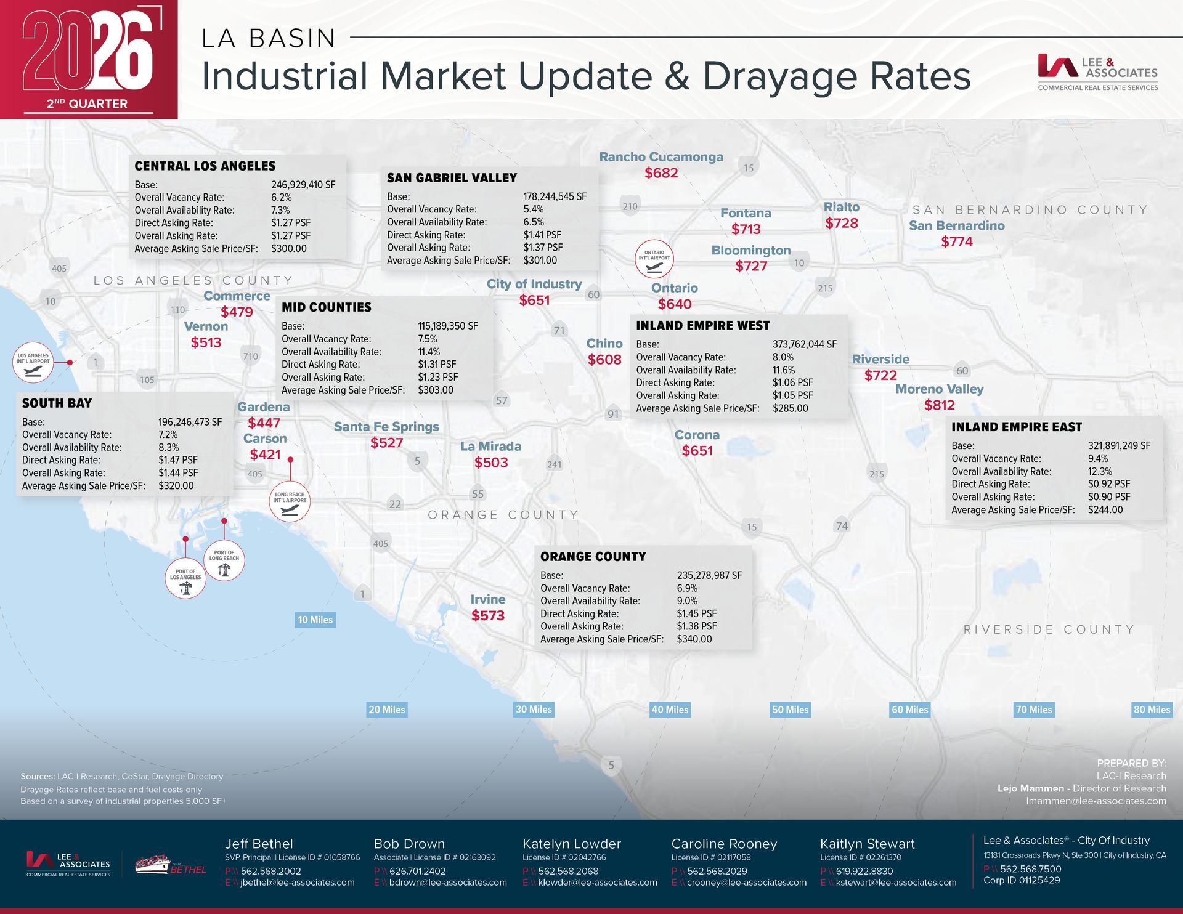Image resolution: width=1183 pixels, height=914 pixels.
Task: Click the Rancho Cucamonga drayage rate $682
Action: [x=661, y=173]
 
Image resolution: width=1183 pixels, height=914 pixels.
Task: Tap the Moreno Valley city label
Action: [x=939, y=389]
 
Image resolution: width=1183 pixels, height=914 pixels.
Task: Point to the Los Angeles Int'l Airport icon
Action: [x=33, y=362]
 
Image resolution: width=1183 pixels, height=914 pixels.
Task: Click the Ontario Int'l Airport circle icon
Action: [x=654, y=259]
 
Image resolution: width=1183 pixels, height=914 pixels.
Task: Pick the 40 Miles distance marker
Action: [x=670, y=710]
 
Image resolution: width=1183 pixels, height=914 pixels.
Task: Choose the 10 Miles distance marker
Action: [x=315, y=620]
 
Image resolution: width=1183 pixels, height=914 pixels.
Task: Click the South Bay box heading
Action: [x=57, y=403]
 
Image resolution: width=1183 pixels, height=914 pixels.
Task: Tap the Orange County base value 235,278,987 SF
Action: [x=709, y=575]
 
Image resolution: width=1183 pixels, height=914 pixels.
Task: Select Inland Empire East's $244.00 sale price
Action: [x=1105, y=510]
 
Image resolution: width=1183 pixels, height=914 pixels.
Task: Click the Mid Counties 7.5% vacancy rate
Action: [x=428, y=339]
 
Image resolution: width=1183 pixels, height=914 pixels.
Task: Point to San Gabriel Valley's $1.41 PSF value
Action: [x=542, y=235]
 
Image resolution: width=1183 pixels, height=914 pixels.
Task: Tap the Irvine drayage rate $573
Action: [x=488, y=615]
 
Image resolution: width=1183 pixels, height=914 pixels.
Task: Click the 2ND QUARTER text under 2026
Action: [x=87, y=103]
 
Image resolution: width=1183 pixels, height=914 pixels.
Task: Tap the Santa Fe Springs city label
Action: [x=386, y=427]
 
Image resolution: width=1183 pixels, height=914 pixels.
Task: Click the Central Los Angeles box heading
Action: [x=205, y=166]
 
